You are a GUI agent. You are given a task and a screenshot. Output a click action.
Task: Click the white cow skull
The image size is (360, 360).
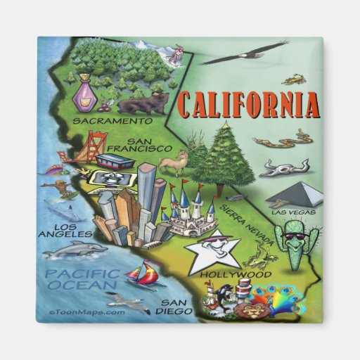285,168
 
